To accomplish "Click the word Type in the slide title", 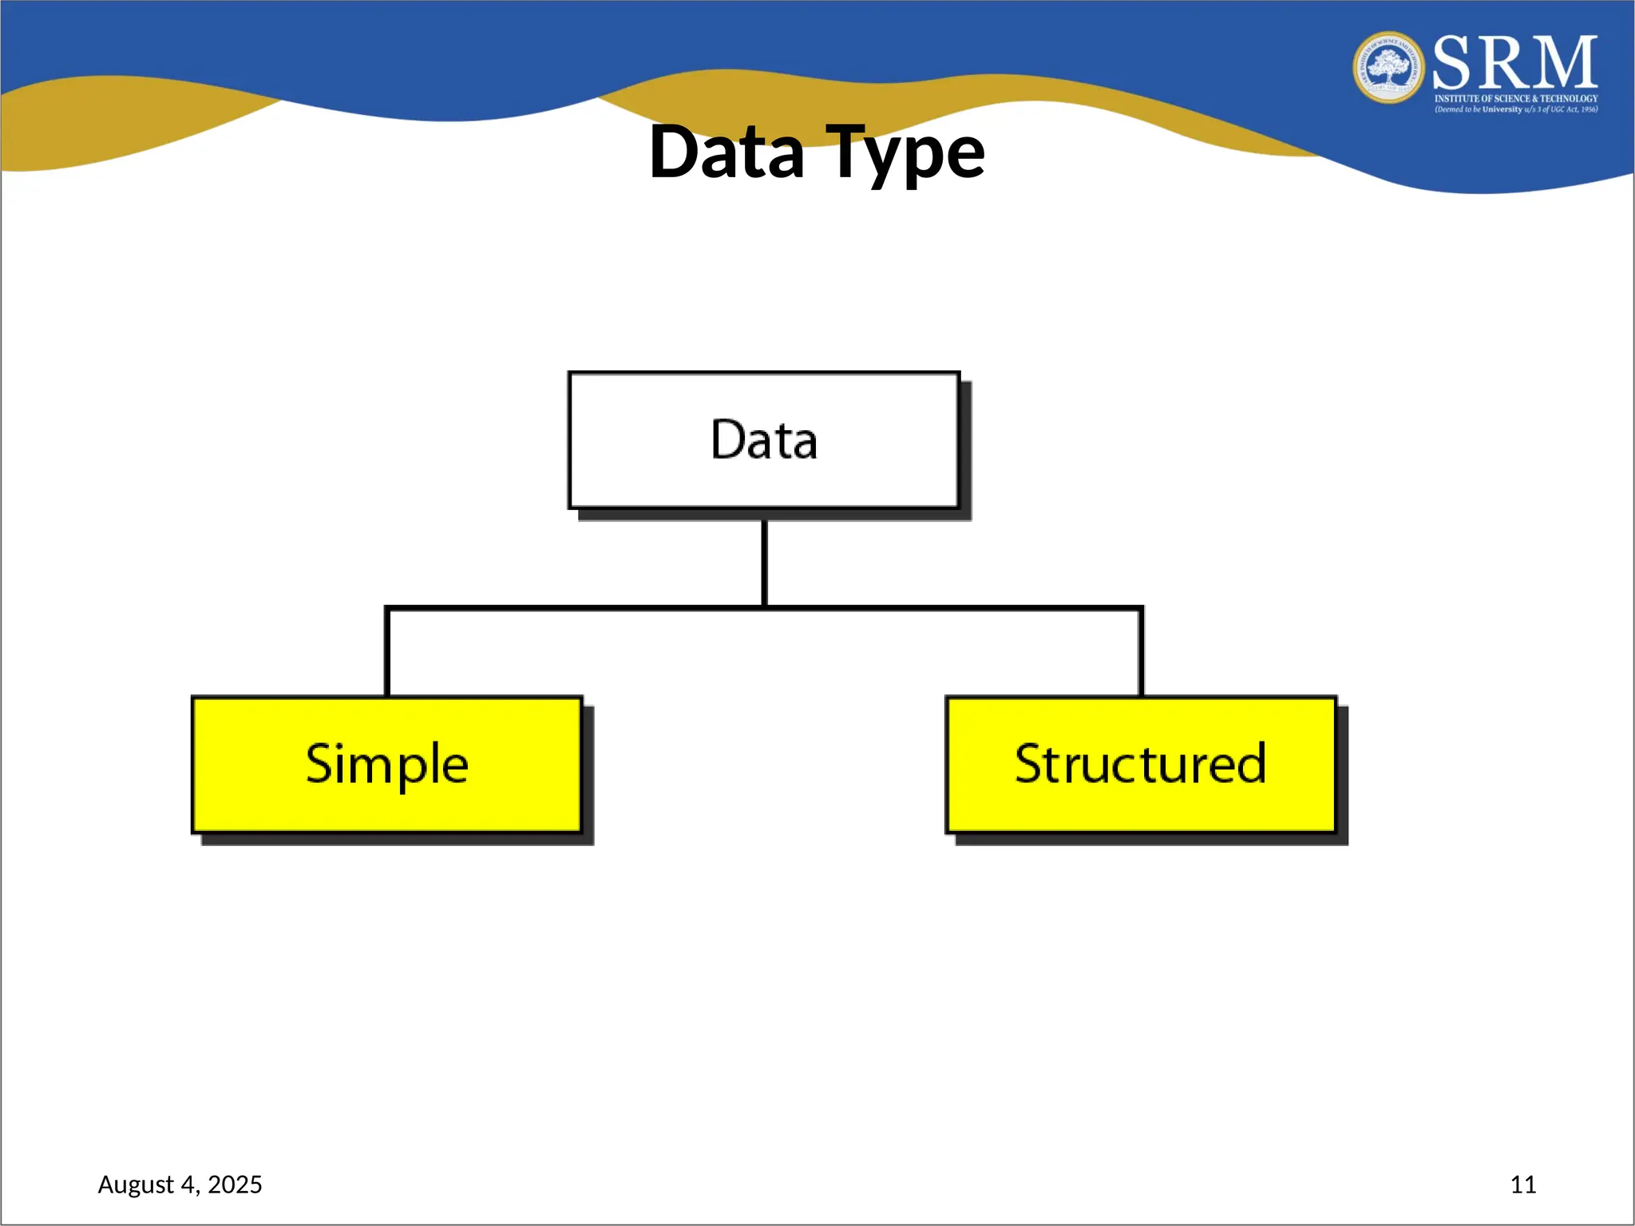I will tap(905, 153).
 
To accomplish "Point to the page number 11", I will tap(1522, 1184).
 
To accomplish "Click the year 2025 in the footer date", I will tap(235, 1184).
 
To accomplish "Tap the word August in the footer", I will tap(135, 1184).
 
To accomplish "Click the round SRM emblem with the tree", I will tap(1388, 68).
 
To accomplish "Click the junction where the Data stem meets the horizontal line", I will tap(764, 608).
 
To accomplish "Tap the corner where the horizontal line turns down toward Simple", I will tap(387, 609).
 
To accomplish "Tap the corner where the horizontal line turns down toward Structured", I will tap(1141, 609).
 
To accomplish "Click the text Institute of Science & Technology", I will tap(1516, 99).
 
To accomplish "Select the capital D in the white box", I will tap(726, 440).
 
